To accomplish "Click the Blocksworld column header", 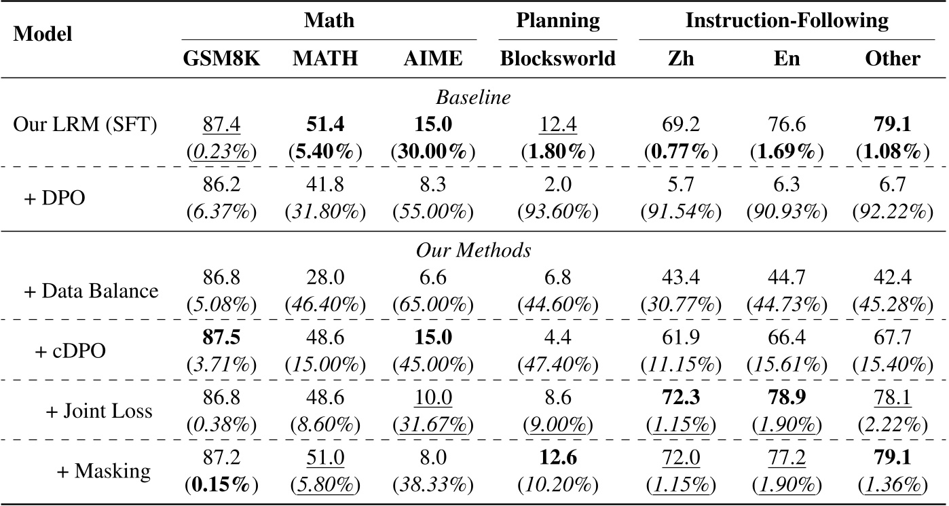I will pos(557,58).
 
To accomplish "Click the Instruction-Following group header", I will pos(787,20).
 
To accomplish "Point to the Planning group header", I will pos(558,20).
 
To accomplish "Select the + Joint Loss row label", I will pos(98,410).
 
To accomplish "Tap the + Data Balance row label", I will pos(92,291).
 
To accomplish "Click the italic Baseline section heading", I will pos(473,97).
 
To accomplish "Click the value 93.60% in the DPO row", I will pos(558,212).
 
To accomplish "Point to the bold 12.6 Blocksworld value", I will pos(558,457).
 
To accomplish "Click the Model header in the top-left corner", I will pos(43,34).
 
